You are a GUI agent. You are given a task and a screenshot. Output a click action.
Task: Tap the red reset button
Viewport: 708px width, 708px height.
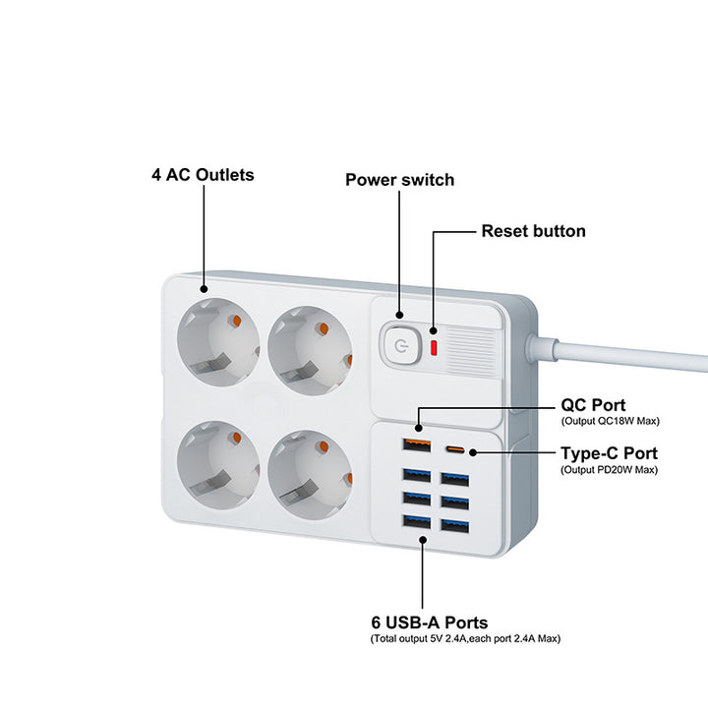(434, 347)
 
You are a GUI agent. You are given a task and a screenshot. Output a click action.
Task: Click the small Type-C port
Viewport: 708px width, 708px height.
(454, 451)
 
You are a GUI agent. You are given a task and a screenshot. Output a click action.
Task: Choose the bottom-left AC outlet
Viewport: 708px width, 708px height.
(217, 462)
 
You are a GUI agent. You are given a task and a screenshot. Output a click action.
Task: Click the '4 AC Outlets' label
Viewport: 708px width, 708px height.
(203, 175)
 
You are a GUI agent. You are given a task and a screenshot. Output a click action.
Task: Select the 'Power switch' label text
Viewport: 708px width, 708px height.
(399, 180)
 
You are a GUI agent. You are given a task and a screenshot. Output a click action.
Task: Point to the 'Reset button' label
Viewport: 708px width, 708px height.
(533, 232)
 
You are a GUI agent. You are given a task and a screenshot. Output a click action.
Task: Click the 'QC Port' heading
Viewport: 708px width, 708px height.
(593, 405)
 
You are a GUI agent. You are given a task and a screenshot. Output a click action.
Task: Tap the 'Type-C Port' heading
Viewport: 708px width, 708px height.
(609, 453)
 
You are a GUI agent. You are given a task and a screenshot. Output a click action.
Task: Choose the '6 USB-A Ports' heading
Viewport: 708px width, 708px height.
(430, 622)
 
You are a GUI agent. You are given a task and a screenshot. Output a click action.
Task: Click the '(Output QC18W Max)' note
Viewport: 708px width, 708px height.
(610, 421)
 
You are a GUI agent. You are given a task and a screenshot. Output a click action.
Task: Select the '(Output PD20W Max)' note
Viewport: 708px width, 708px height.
(610, 469)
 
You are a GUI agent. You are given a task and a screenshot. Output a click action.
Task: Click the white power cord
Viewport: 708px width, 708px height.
(629, 352)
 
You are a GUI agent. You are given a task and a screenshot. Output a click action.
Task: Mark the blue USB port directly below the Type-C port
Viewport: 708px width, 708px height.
(454, 479)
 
